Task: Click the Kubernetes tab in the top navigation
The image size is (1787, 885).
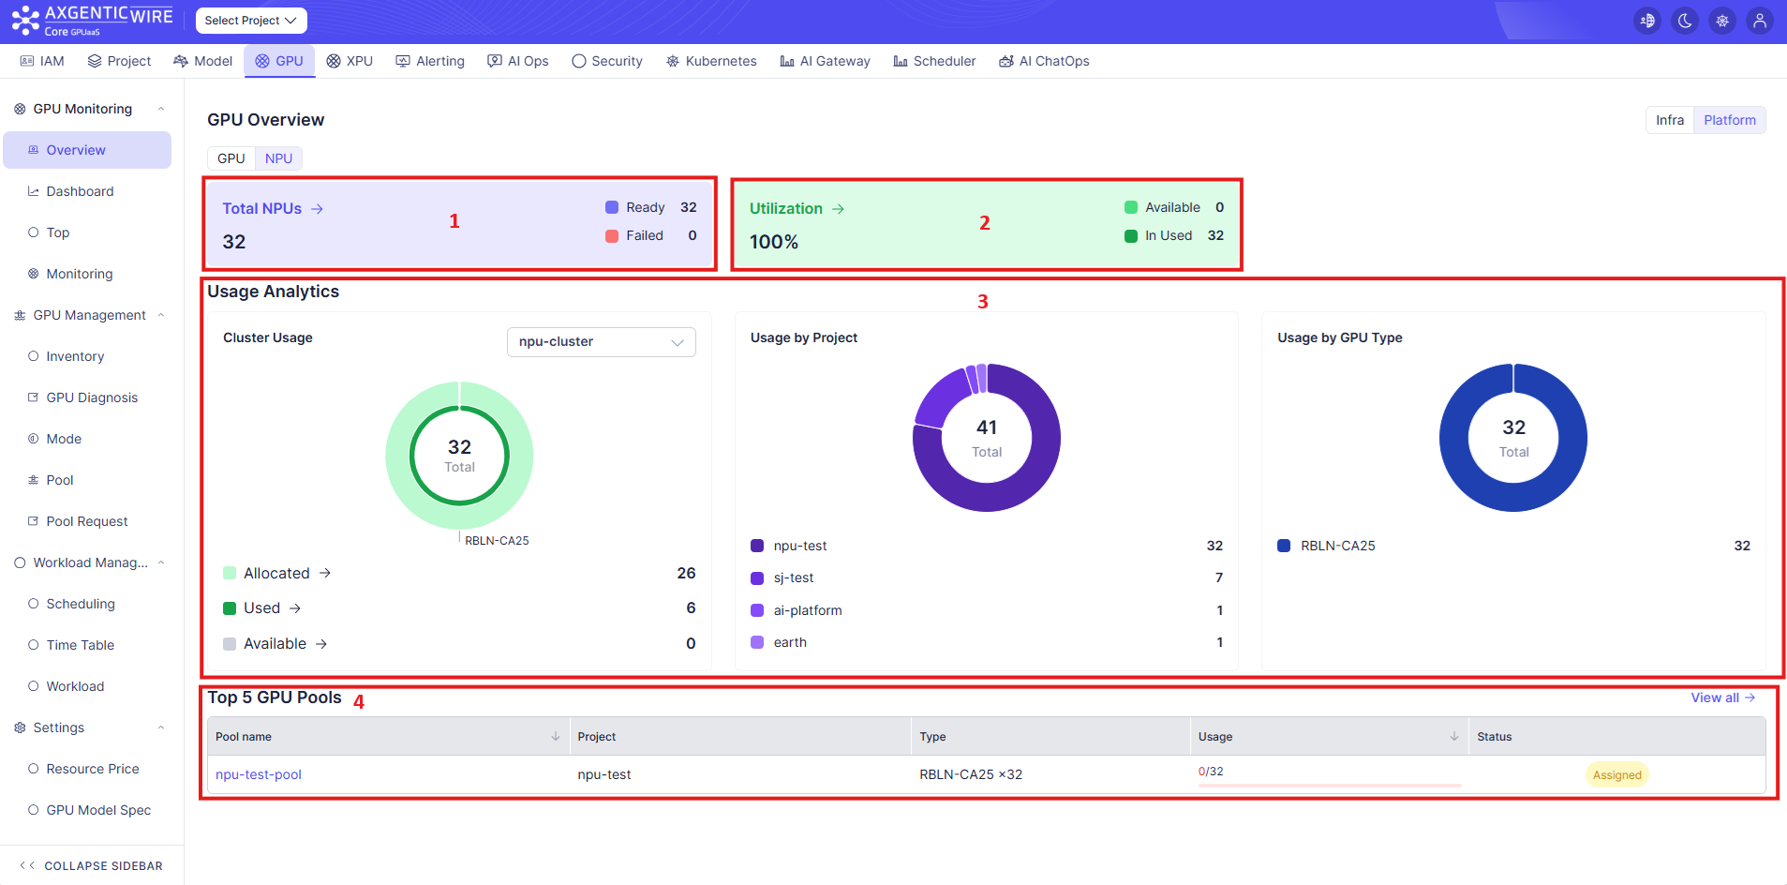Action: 711,61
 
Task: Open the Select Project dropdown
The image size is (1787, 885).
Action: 251,21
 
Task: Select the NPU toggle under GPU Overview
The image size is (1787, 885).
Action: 278,158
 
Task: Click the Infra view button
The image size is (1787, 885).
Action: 1670,120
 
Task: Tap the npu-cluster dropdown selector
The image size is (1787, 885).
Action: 602,342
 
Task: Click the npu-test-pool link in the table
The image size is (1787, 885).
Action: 259,774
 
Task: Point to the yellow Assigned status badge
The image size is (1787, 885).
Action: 1617,774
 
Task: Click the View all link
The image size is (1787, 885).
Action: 1722,697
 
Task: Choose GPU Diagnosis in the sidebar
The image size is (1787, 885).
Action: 92,397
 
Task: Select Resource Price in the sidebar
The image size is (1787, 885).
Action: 93,769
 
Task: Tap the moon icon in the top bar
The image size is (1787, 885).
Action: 1685,21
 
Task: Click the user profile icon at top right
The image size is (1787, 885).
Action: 1760,21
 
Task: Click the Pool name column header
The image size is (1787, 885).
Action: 244,737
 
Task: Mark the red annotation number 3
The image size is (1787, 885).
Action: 983,302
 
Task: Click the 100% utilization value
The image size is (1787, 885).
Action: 774,242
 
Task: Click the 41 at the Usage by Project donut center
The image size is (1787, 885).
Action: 987,427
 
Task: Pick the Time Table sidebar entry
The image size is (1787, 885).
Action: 81,645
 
